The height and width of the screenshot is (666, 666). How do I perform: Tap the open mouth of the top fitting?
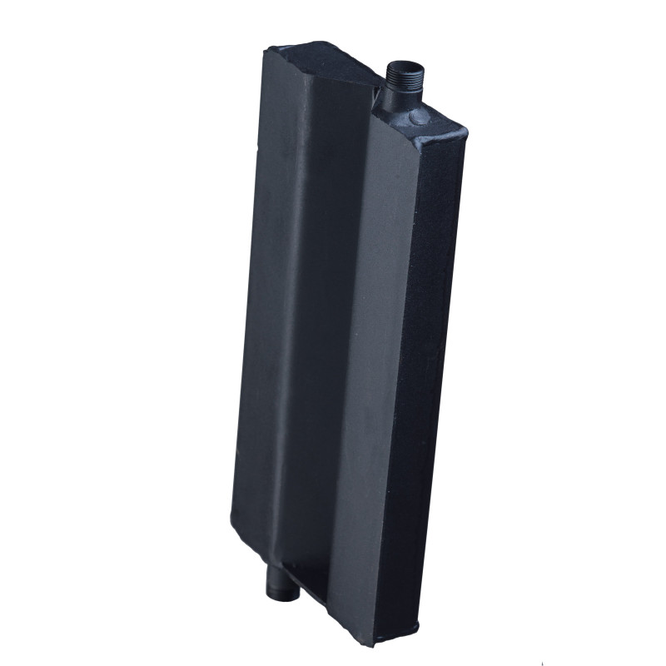coord(405,64)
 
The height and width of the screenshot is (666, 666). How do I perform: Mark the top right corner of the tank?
coord(465,132)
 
